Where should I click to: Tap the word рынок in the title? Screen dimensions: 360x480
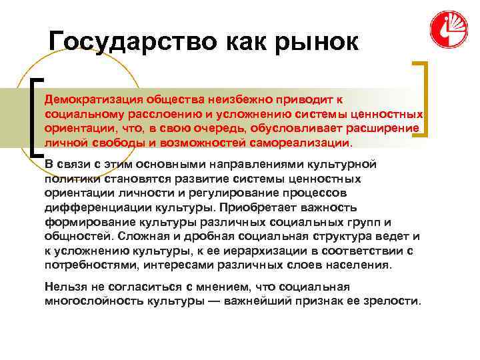pyautogui.click(x=315, y=43)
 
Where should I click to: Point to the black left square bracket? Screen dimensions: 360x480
pyautogui.click(x=34, y=117)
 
